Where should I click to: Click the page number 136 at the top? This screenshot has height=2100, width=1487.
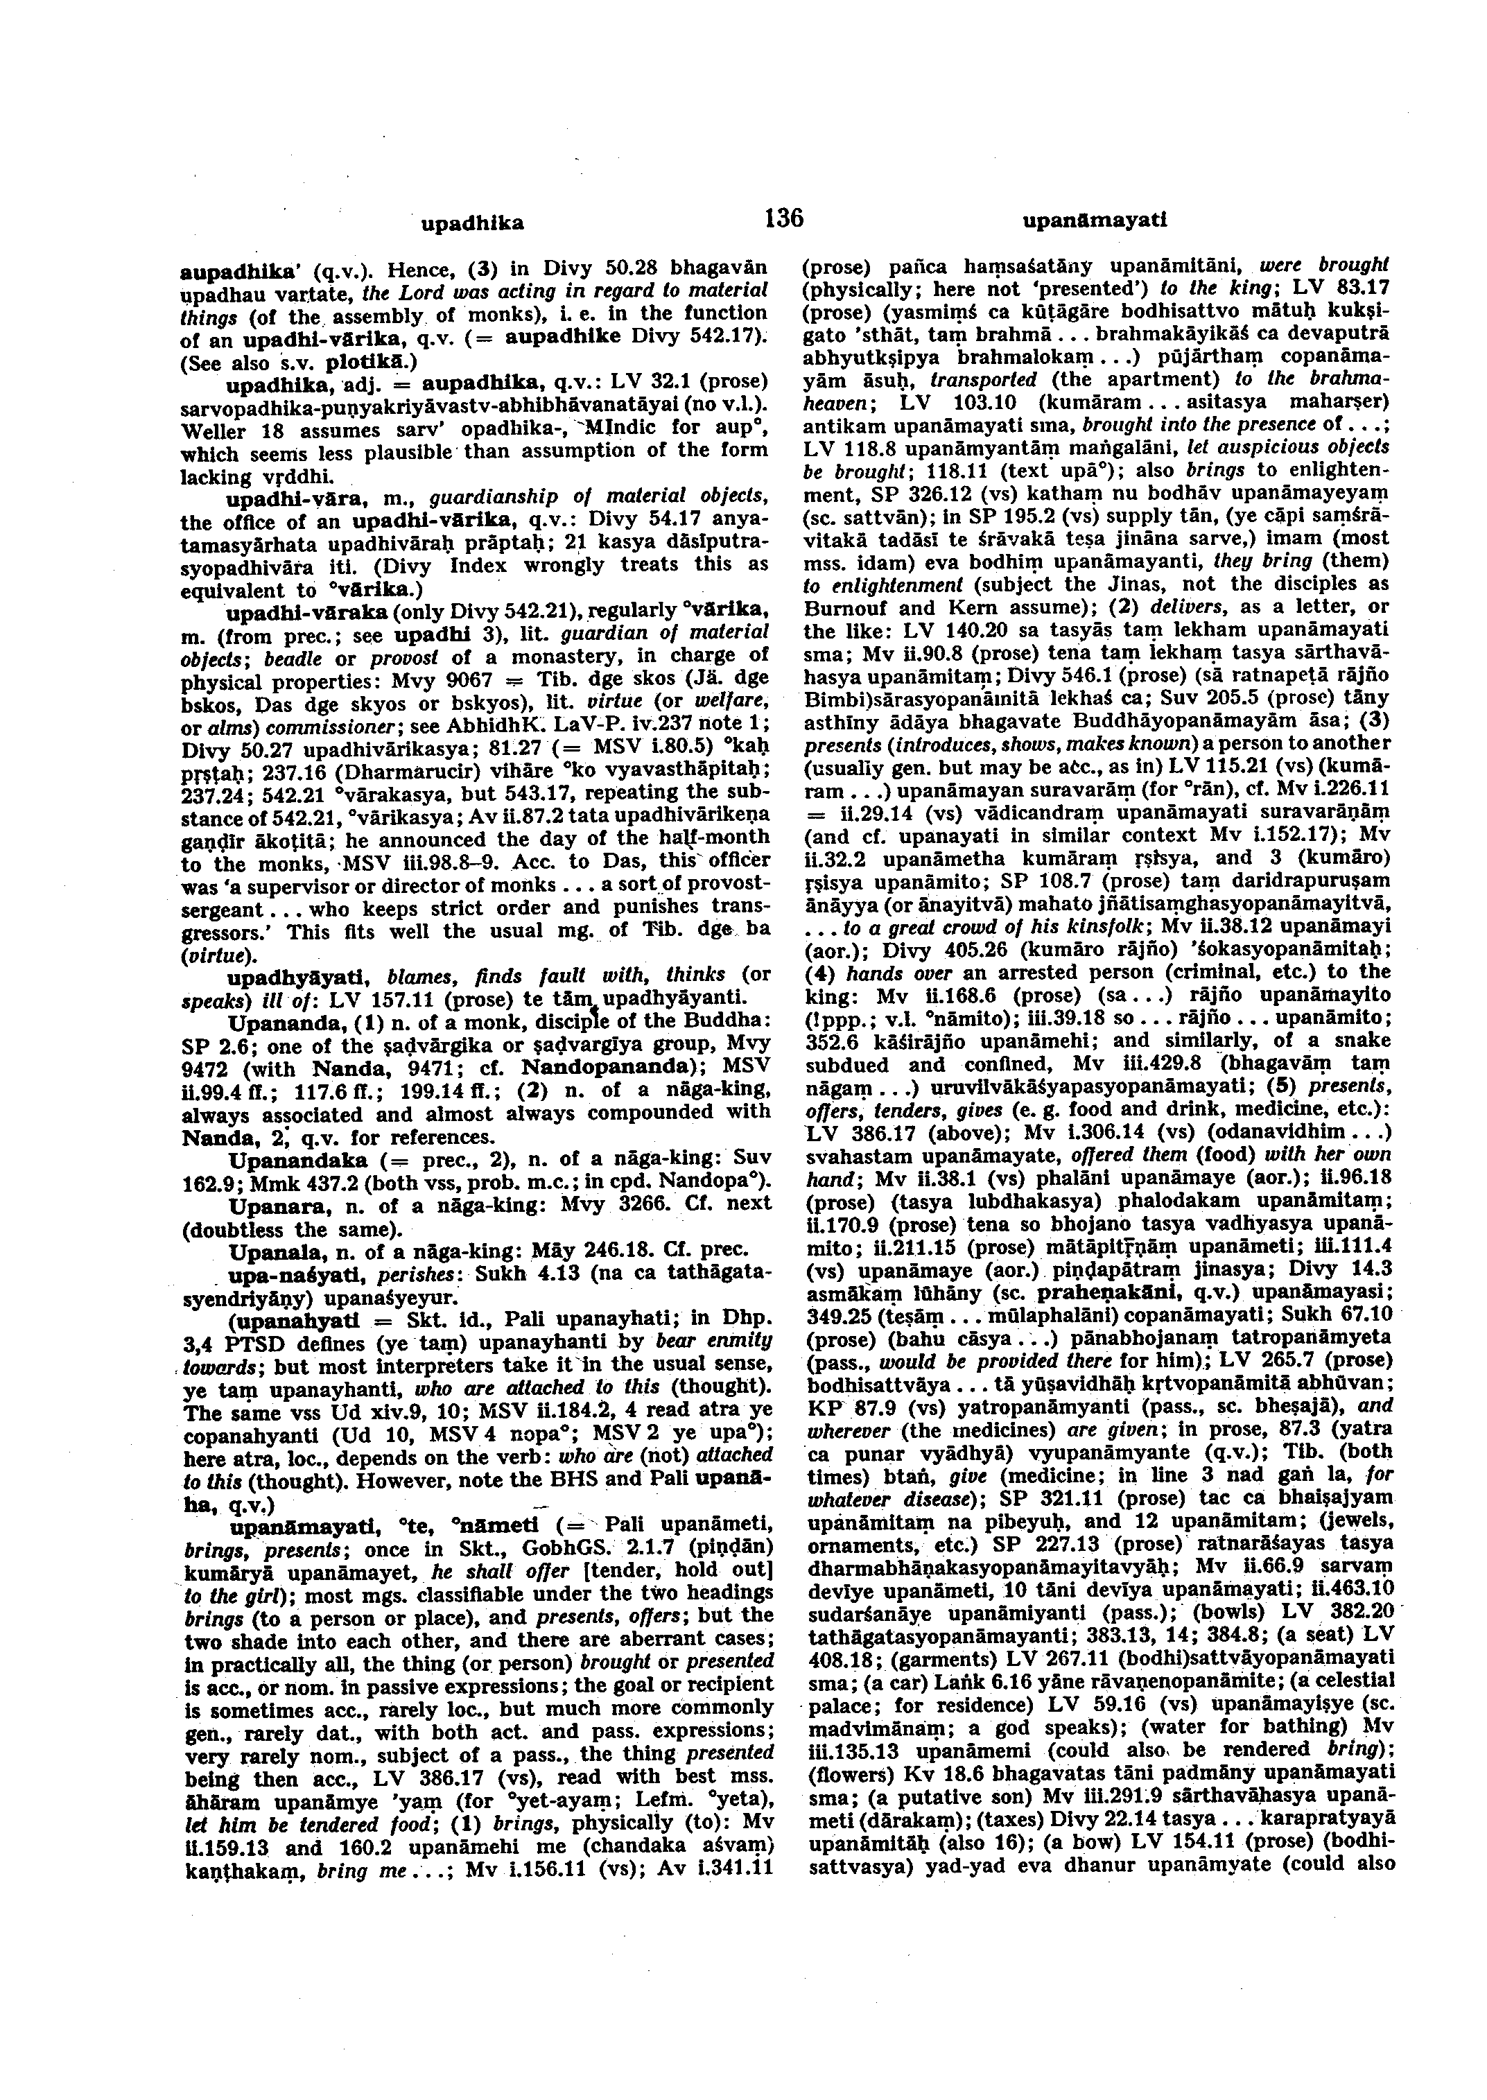[783, 218]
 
